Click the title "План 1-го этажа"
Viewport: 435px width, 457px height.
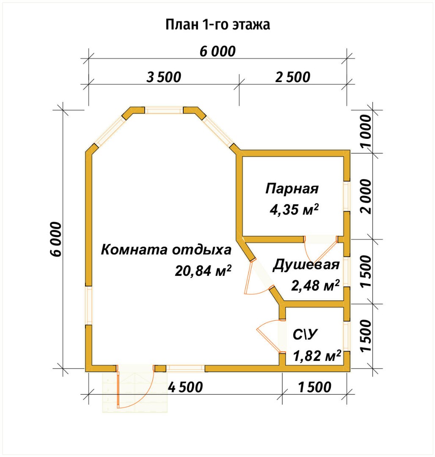click(217, 25)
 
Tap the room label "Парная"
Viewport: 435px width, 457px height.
click(292, 188)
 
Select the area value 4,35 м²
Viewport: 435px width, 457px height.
click(294, 209)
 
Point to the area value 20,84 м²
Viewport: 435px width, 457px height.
click(203, 270)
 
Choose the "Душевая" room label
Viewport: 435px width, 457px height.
click(306, 265)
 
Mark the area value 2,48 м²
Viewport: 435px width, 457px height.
click(316, 285)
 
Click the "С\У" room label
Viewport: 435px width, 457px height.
click(305, 335)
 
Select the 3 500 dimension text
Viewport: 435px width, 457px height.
click(164, 77)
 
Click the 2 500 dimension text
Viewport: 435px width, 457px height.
click(293, 77)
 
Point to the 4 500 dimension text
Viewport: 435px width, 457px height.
click(186, 387)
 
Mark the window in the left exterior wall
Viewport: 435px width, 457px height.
click(89, 306)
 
